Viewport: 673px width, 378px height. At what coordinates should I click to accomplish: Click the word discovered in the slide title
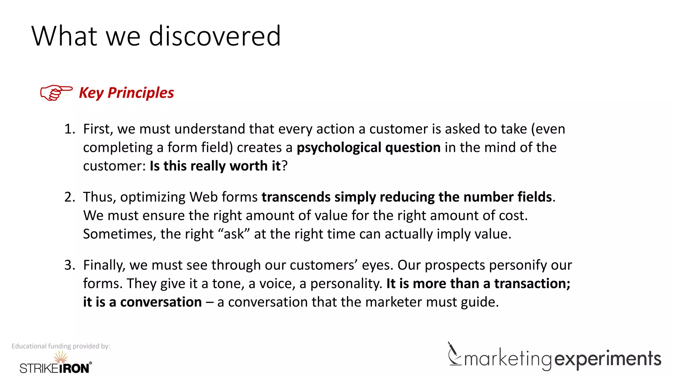[x=215, y=36]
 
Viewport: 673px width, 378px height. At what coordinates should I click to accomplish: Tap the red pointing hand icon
[x=56, y=93]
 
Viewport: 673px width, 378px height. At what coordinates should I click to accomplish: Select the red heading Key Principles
[x=127, y=93]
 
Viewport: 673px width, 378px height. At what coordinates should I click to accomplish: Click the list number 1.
[x=69, y=129]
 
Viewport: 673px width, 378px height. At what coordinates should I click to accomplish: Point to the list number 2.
[x=69, y=197]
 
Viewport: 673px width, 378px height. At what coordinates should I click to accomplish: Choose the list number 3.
[x=69, y=265]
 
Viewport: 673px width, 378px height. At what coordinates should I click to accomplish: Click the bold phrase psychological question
[x=368, y=148]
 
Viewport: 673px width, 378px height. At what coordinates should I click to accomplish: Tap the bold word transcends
[x=296, y=197]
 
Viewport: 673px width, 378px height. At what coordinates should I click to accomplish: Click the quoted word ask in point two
[x=234, y=234]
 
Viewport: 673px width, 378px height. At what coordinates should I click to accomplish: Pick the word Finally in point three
[x=104, y=265]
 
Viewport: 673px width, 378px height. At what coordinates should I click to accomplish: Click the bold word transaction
[x=532, y=283]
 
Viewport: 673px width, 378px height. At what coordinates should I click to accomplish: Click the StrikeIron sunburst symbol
[x=61, y=357]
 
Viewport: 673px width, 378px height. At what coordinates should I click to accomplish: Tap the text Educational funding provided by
[x=61, y=346]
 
